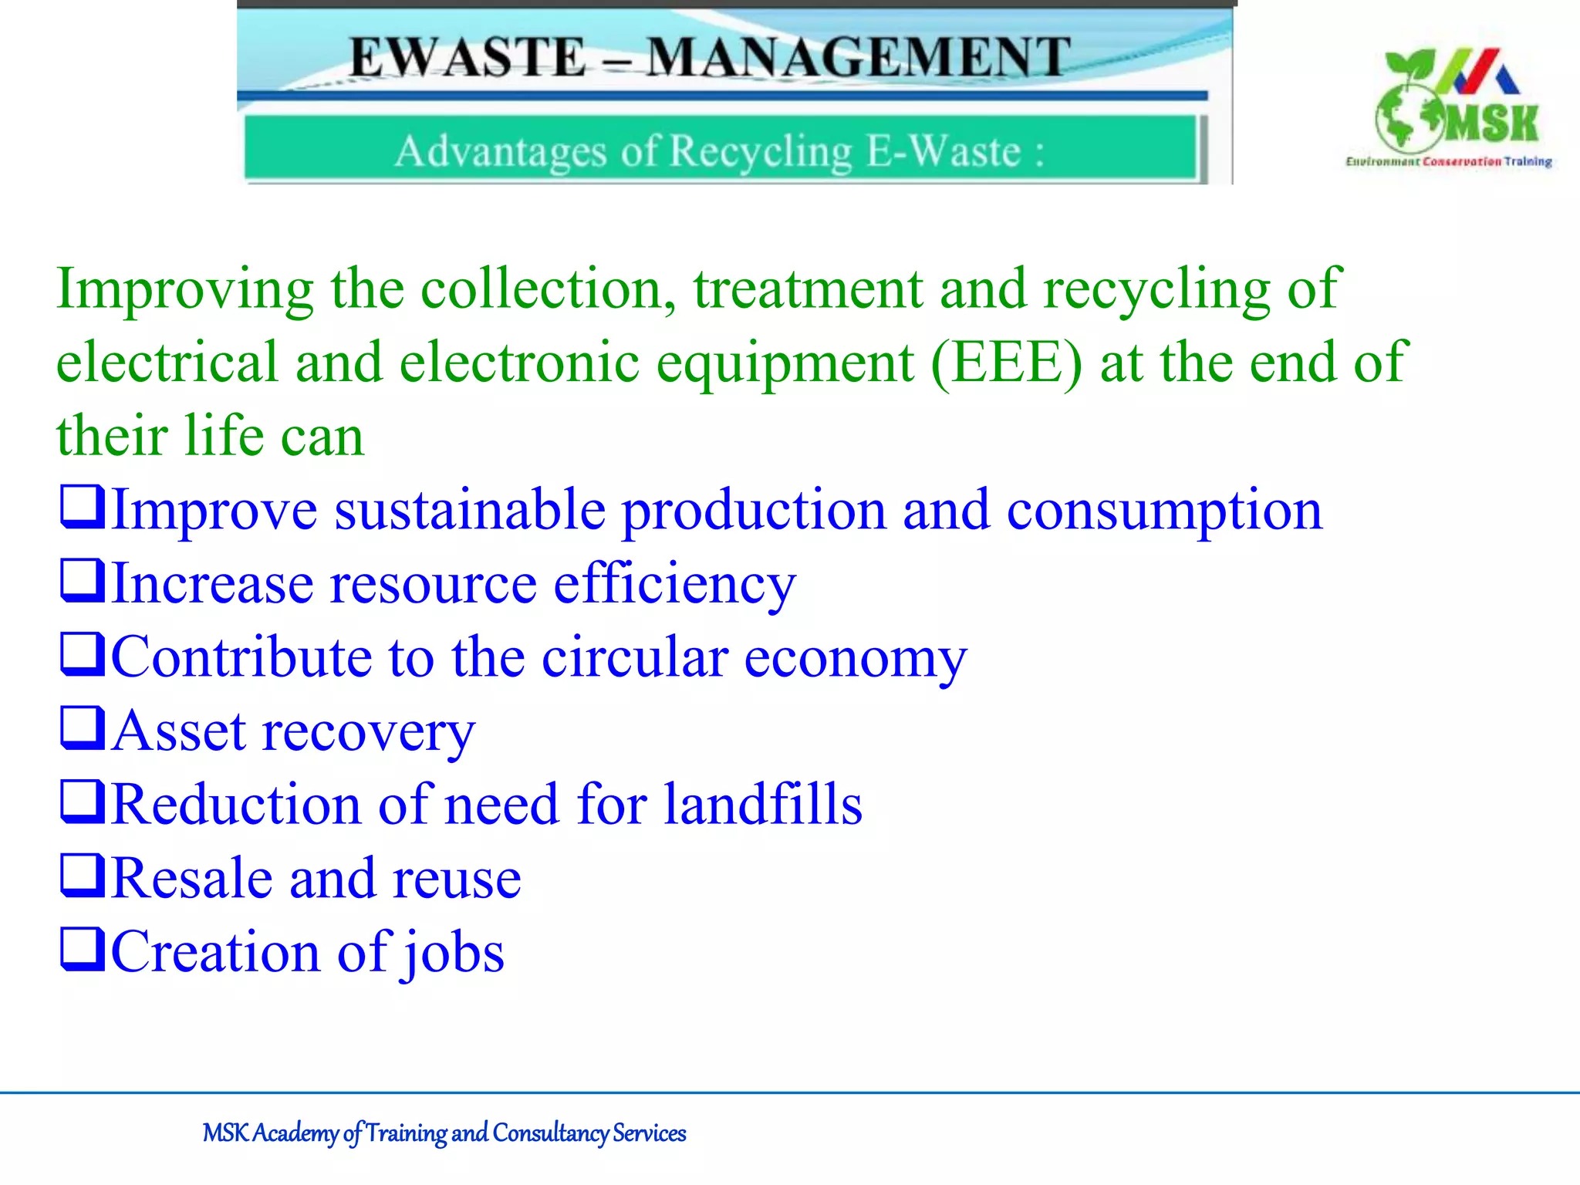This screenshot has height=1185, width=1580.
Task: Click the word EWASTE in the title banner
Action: coord(468,58)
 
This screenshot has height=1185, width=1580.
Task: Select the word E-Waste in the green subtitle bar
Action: coord(944,150)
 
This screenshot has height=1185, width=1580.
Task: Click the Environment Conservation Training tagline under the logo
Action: coord(1448,161)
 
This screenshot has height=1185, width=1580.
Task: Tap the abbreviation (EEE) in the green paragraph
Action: coord(1007,362)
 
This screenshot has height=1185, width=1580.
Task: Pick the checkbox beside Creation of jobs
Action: coord(82,948)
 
